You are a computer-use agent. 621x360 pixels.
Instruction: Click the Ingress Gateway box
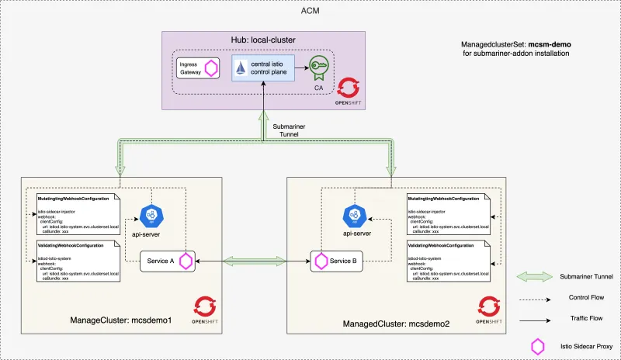coord(199,67)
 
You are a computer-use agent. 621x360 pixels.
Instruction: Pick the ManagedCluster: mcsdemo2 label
coord(386,321)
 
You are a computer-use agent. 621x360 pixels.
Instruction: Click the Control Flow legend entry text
coord(575,297)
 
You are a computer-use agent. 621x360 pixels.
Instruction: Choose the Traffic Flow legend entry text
coord(575,317)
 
